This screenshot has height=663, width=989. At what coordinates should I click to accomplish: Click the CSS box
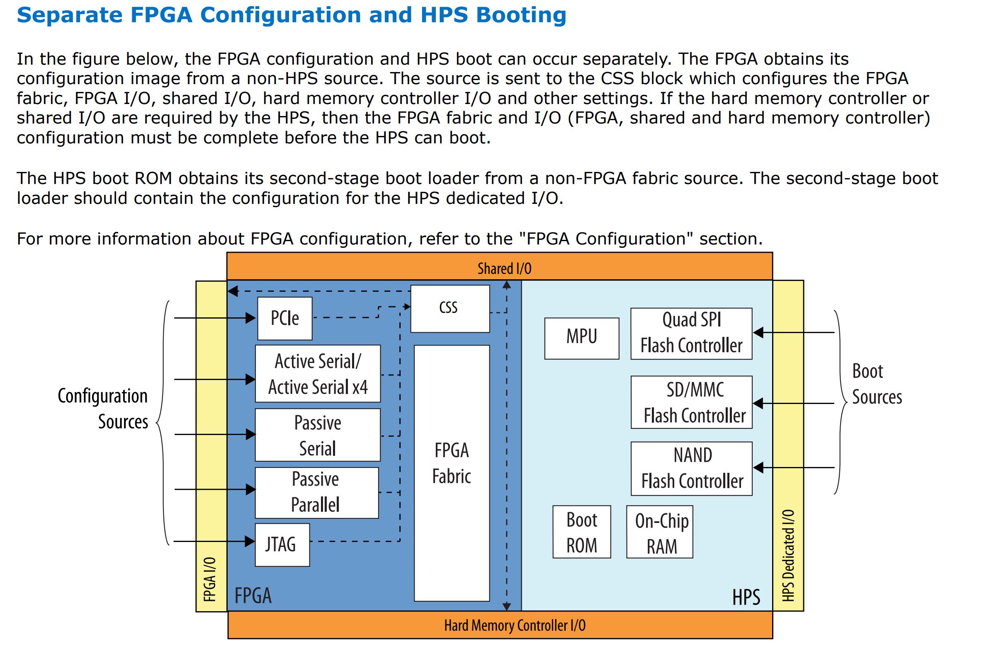[x=450, y=309]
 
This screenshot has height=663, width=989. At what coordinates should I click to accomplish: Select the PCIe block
[x=285, y=318]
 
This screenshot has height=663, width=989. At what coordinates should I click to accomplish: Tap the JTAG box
[x=282, y=544]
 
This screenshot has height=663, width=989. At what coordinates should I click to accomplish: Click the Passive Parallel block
[x=316, y=493]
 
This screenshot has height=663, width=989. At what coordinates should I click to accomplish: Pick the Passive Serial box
[x=317, y=435]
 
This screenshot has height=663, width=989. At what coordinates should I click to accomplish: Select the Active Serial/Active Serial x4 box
[x=318, y=374]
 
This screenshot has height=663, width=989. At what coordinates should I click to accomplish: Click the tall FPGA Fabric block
[x=451, y=473]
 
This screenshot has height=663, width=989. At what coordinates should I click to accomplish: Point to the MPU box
[x=582, y=338]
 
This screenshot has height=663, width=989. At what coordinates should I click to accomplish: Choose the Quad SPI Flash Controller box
[x=691, y=334]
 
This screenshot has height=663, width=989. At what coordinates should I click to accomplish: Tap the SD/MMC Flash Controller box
[x=691, y=402]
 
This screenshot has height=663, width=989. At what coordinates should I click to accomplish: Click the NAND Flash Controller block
[x=691, y=469]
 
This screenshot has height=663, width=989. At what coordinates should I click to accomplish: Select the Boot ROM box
[x=582, y=532]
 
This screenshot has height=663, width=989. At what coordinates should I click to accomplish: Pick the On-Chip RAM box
[x=659, y=532]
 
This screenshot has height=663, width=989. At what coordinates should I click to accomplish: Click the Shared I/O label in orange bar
[x=504, y=269]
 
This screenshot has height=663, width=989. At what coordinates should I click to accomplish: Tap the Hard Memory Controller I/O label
[x=514, y=625]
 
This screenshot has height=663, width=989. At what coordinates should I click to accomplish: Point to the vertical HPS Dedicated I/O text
[x=788, y=555]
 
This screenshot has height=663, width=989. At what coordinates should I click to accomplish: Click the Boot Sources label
[x=876, y=384]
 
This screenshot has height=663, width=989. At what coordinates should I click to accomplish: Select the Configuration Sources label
[x=104, y=409]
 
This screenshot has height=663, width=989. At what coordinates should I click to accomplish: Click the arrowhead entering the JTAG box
[x=250, y=541]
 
